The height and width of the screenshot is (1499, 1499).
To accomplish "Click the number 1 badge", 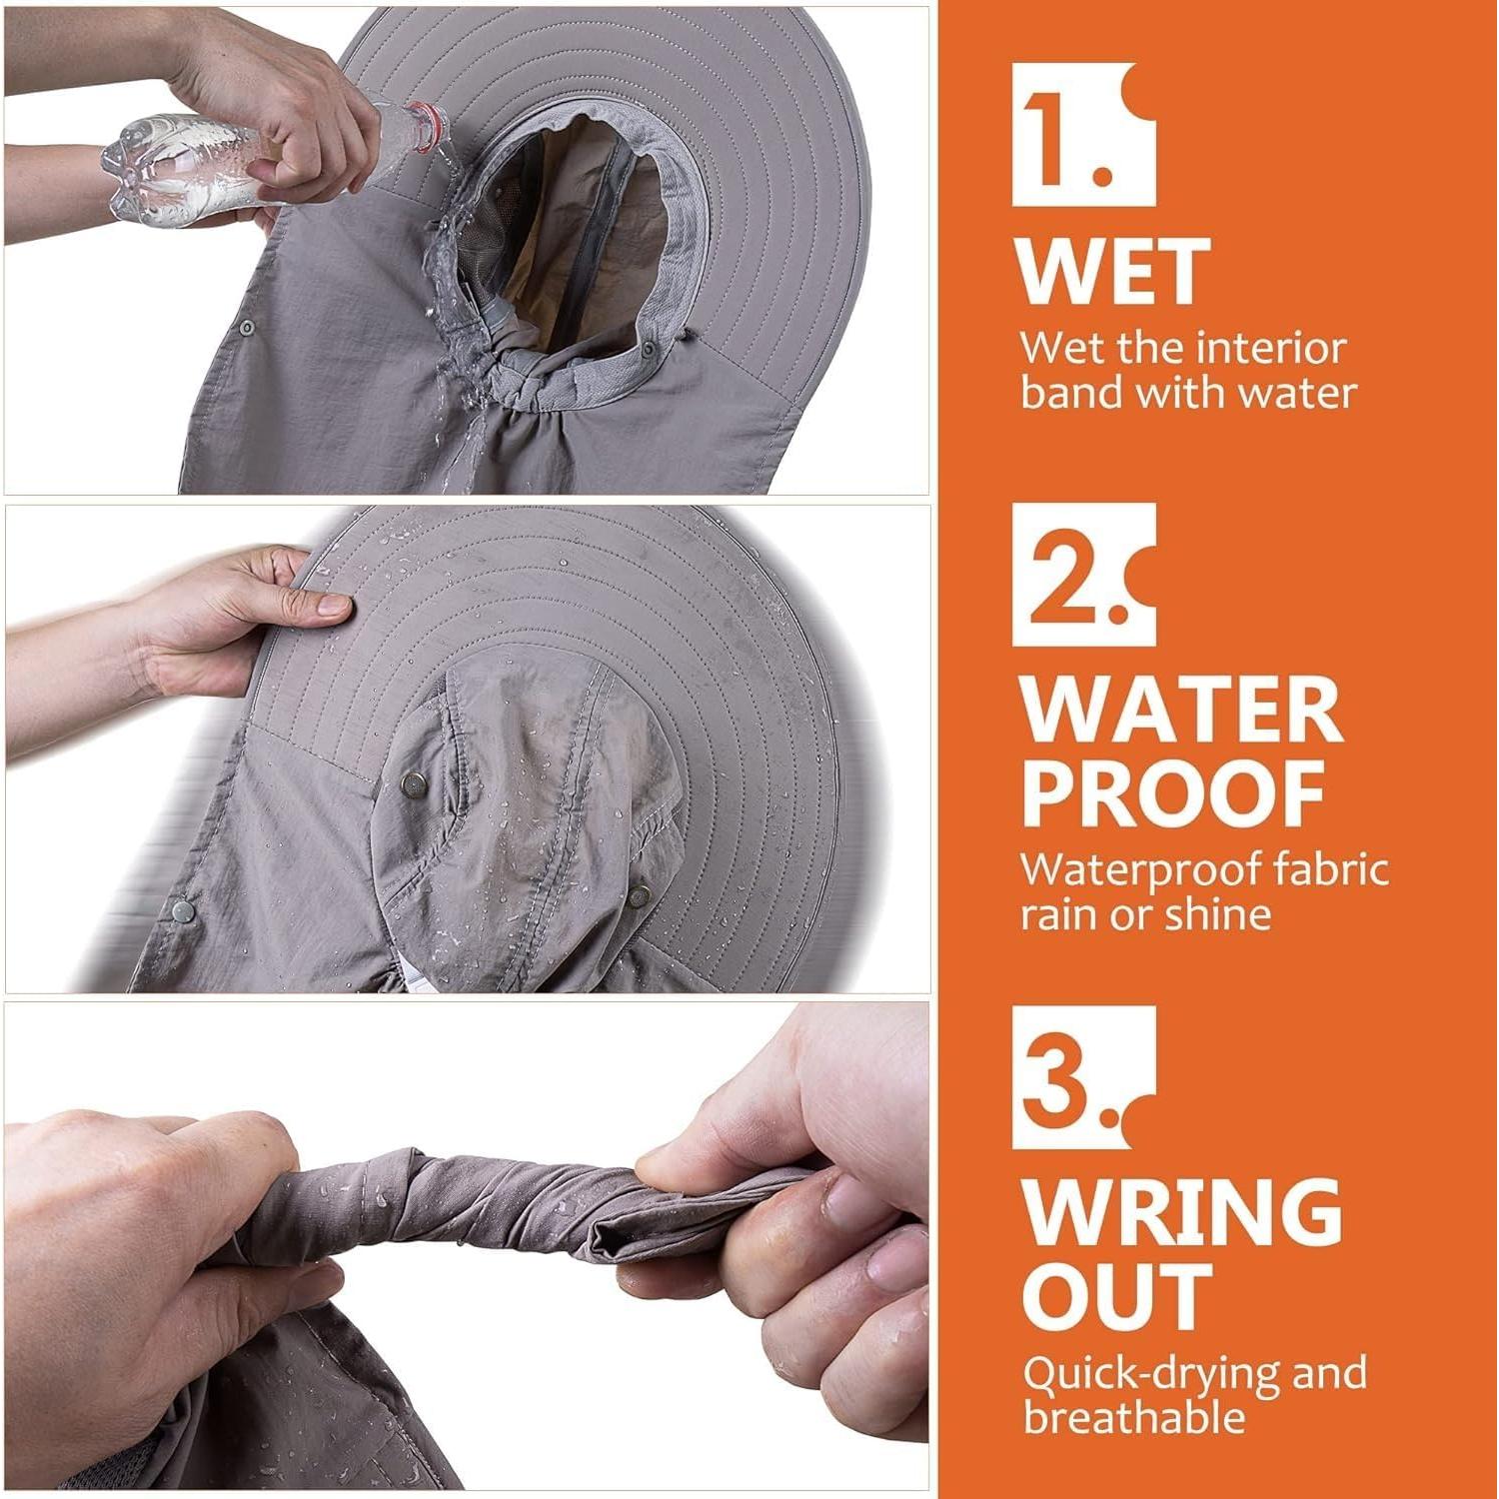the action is tap(1083, 135).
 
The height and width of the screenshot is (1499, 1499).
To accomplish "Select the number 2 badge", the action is tap(1083, 575).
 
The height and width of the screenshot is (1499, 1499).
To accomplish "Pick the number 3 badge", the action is tap(1083, 1077).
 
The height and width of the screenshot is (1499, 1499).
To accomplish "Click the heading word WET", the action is tap(1113, 270).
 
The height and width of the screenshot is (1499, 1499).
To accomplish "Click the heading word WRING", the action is tap(1181, 1212).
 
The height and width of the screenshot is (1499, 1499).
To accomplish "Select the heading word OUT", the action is tap(1116, 1296).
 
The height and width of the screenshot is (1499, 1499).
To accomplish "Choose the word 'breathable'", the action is tap(1134, 1417).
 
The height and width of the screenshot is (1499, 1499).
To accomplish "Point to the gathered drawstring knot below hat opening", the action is tap(516, 385).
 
